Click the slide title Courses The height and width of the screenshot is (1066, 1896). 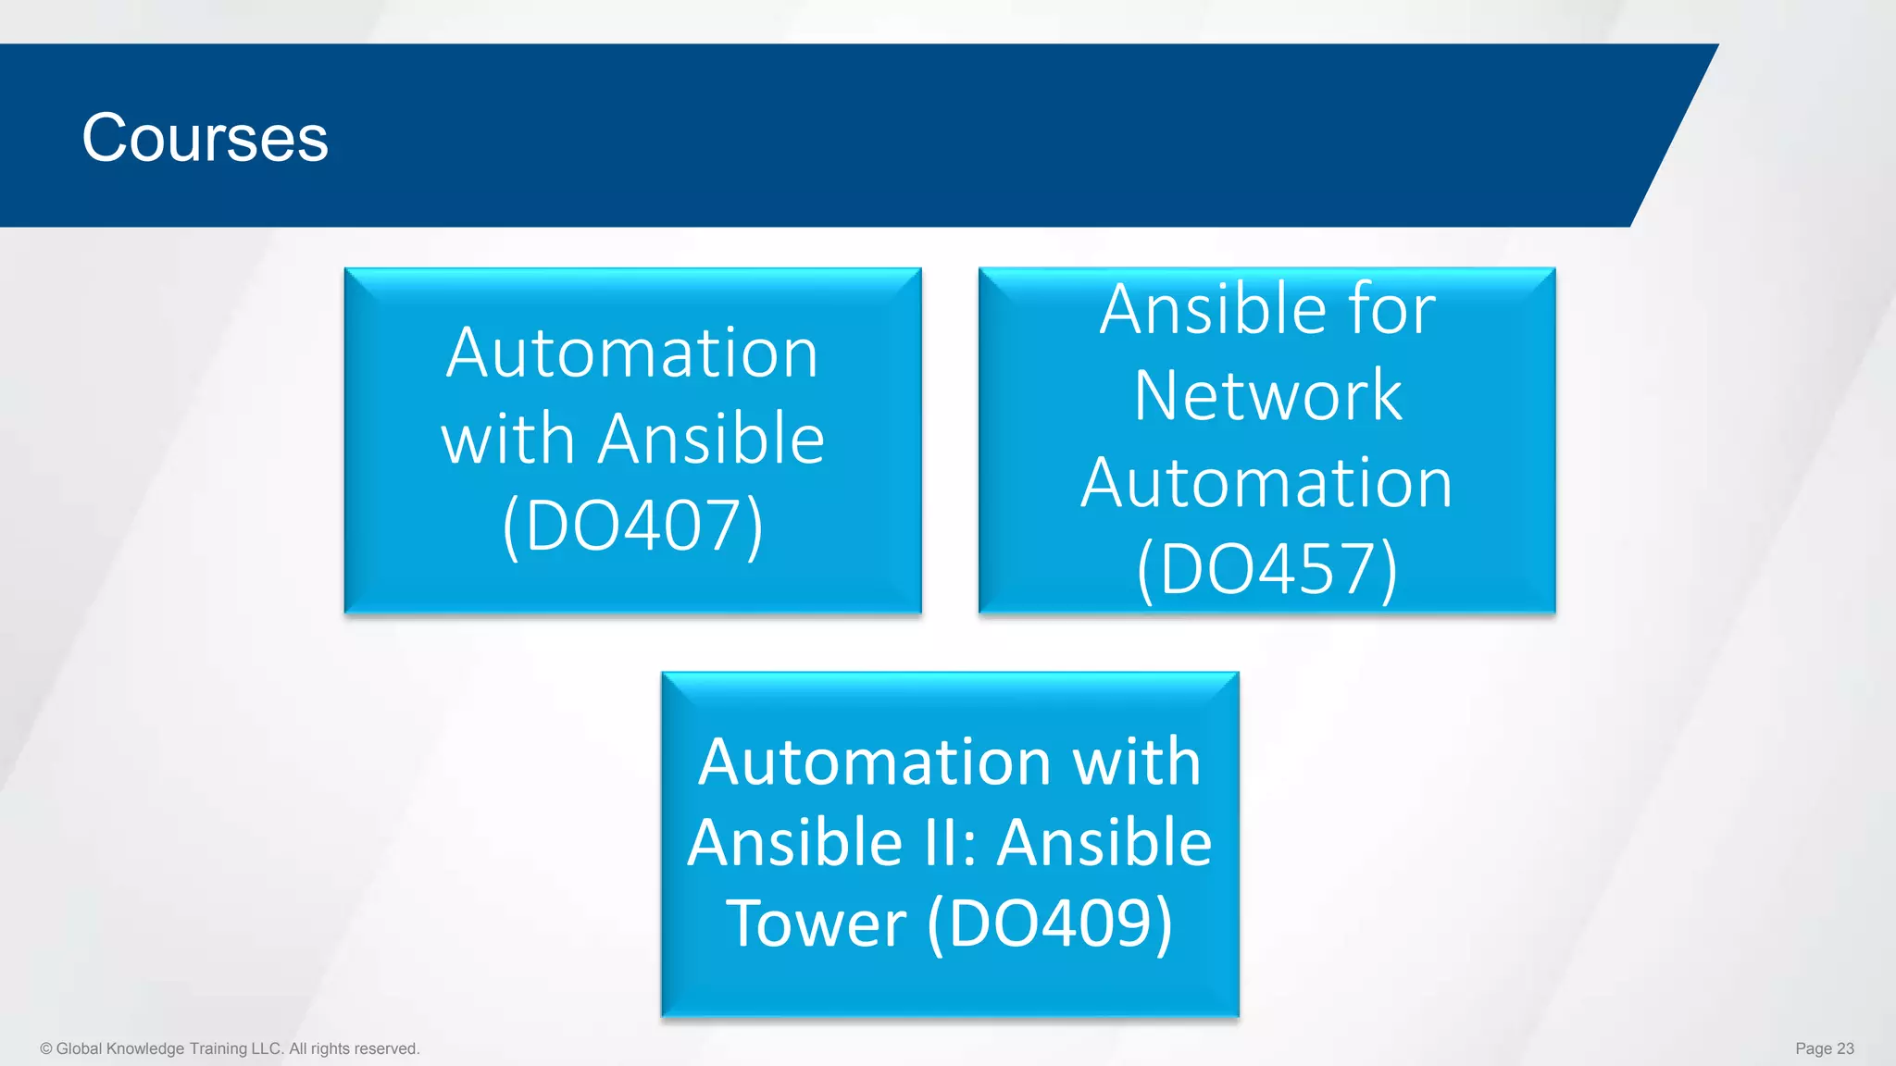click(205, 138)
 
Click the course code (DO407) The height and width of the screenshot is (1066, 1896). click(633, 525)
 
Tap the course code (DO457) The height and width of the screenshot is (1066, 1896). click(1266, 568)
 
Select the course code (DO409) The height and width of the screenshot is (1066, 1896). click(1049, 923)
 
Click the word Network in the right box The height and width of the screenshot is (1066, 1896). click(1267, 395)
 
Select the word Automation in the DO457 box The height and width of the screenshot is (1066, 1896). click(1266, 482)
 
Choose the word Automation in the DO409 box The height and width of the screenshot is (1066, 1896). click(874, 762)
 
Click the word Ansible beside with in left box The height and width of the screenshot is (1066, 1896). click(711, 439)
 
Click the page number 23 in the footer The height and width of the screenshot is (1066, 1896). click(1845, 1048)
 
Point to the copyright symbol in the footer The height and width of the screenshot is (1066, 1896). click(46, 1048)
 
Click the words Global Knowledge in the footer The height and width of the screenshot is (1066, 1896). click(120, 1048)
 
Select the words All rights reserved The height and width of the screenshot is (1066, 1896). click(354, 1048)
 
